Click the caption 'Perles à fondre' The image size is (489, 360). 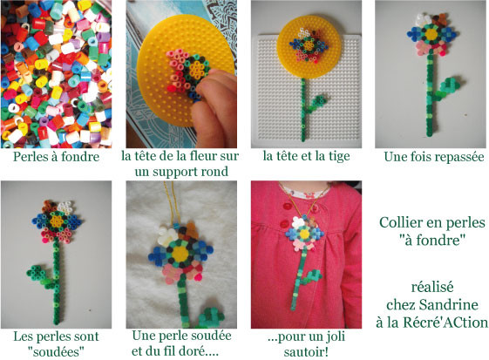coord(56,157)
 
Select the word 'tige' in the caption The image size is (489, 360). coord(338,157)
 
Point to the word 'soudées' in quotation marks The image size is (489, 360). coord(56,352)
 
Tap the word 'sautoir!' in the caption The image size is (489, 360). coord(306,352)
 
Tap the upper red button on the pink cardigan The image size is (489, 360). coord(286,207)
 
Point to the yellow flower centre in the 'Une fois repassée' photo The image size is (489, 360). coord(431,34)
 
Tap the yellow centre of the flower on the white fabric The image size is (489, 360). coord(180,253)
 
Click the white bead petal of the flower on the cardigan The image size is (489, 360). coord(297,223)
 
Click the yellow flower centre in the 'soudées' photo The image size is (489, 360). coord(57,221)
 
